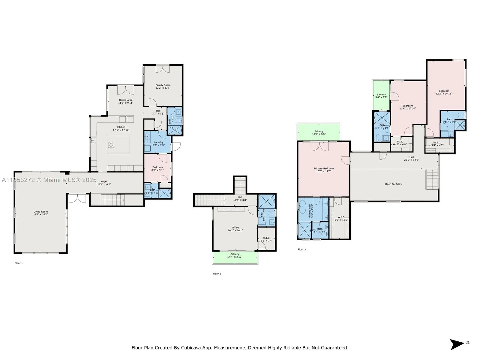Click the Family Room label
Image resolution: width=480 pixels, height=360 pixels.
tap(163, 85)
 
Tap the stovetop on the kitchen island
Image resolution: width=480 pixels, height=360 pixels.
tap(111, 145)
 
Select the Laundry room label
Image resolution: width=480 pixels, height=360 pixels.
tap(158, 142)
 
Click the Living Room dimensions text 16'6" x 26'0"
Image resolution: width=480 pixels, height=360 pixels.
tap(40, 214)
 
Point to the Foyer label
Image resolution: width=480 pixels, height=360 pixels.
tap(104, 181)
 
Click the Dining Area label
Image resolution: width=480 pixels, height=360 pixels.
tap(126, 100)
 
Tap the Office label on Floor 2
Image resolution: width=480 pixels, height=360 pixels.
tap(235, 228)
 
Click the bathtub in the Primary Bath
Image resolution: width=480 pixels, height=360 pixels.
tap(303, 207)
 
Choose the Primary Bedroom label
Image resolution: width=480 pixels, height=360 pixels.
tap(324, 169)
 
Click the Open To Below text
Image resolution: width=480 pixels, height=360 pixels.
tap(394, 184)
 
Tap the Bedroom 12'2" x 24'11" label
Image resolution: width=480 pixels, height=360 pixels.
tap(444, 91)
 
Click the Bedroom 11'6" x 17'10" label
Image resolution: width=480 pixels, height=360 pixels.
tap(408, 106)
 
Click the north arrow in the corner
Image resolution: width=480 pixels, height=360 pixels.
tap(457, 344)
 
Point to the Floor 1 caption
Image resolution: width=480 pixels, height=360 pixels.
tap(19, 263)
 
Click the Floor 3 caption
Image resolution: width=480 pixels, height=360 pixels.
tap(302, 249)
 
